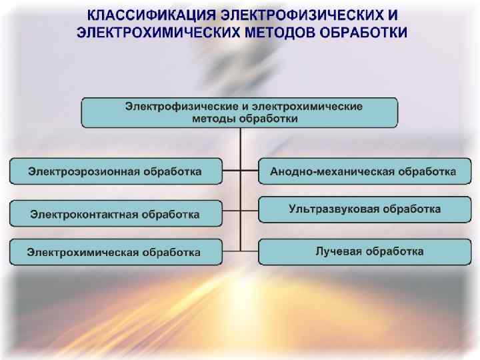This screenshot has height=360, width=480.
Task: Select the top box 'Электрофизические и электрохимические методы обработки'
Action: point(239,113)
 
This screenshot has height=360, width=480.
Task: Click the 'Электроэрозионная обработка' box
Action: point(115,172)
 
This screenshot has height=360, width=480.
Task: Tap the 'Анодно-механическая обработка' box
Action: point(363,172)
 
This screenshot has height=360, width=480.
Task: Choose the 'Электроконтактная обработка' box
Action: point(115,214)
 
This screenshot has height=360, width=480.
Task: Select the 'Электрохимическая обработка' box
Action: point(115,252)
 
